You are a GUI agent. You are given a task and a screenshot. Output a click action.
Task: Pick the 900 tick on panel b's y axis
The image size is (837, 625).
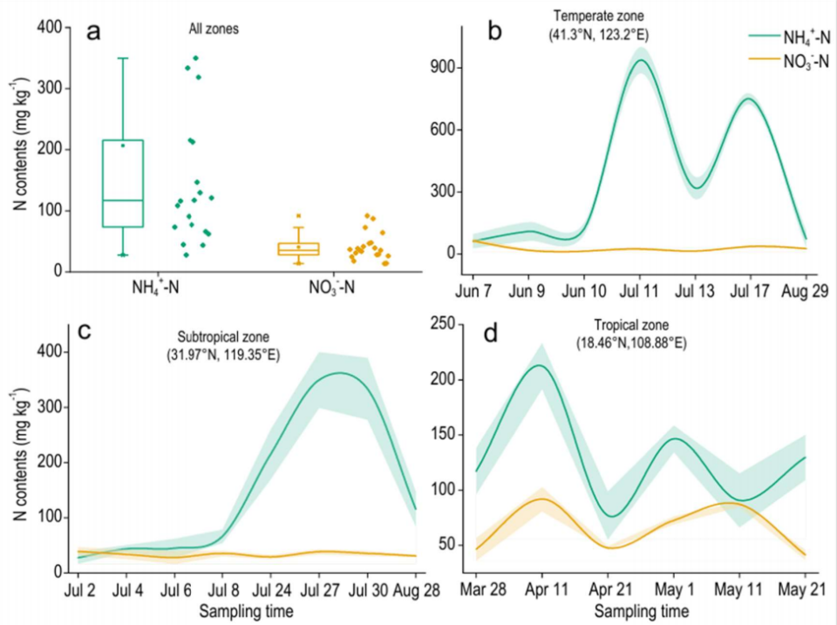[x=450, y=68]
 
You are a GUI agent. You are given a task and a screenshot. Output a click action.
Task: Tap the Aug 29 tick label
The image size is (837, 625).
[x=806, y=289]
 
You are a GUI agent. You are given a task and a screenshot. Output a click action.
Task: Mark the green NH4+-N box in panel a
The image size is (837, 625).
[x=123, y=183]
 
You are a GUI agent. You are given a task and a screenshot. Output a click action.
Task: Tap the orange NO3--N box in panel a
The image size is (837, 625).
[x=298, y=249]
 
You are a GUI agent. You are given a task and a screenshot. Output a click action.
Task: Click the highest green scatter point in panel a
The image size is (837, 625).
[x=195, y=58]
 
